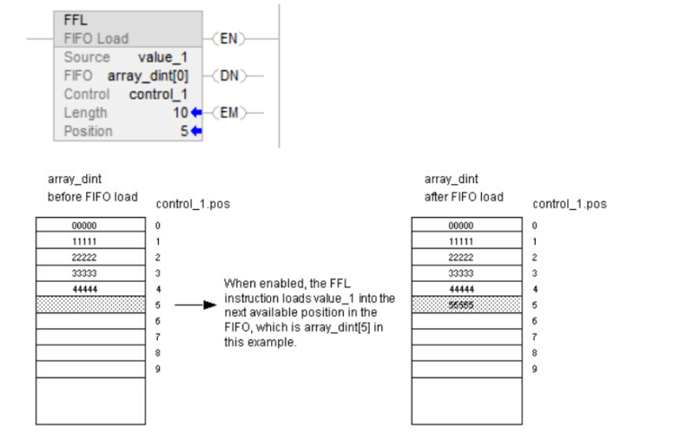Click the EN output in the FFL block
(x=229, y=39)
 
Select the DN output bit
(x=229, y=75)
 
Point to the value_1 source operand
(x=162, y=57)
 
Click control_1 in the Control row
(x=158, y=94)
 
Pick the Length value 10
(x=180, y=113)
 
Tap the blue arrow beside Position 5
(x=197, y=132)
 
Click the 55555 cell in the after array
(x=461, y=305)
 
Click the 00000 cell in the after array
(x=461, y=226)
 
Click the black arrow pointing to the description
(x=195, y=305)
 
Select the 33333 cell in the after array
(x=461, y=273)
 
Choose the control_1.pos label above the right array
(x=569, y=204)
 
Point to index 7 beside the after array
(x=535, y=337)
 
